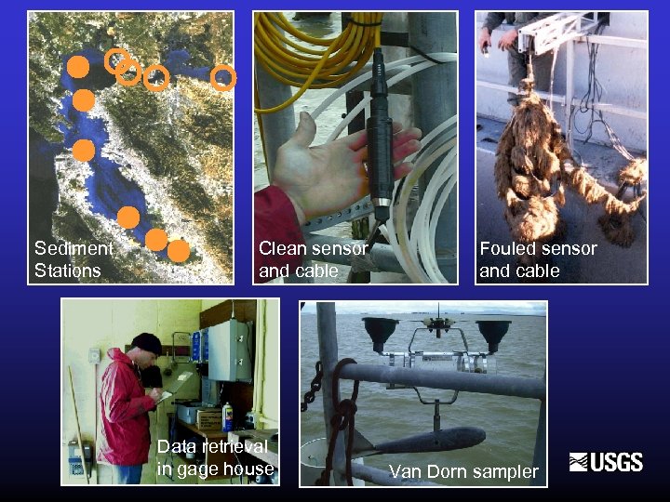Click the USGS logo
coord(606,462)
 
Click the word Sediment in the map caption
coord(74,248)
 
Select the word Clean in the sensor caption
coord(280,248)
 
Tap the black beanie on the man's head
coord(147,343)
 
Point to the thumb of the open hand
coord(306,130)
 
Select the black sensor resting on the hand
coord(380,137)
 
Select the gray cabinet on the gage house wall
coord(230,350)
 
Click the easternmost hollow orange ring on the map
coord(223,78)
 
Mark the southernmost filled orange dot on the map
coord(179,251)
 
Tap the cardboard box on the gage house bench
coord(209,419)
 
